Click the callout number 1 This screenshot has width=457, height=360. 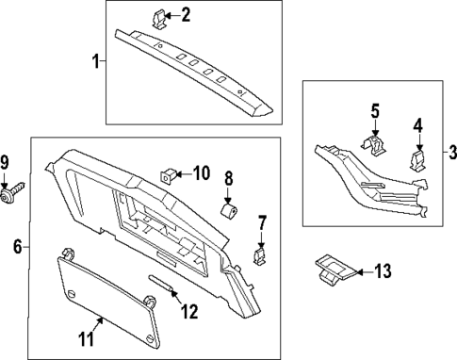(x=95, y=62)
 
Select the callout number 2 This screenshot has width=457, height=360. (x=186, y=14)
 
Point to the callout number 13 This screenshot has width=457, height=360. (x=381, y=271)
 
